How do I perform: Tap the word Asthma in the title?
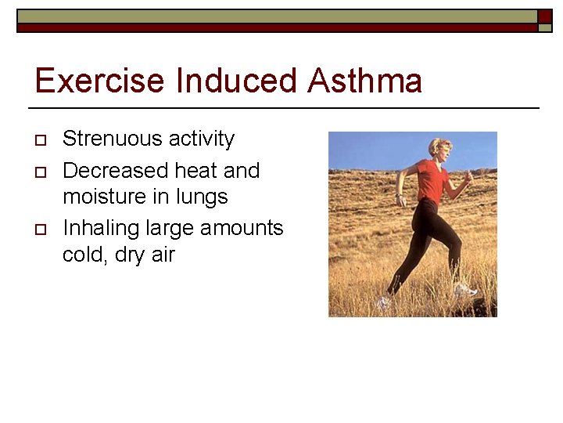tap(364, 81)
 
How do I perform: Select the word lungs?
tap(200, 197)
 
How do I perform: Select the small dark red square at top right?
tap(544, 16)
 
